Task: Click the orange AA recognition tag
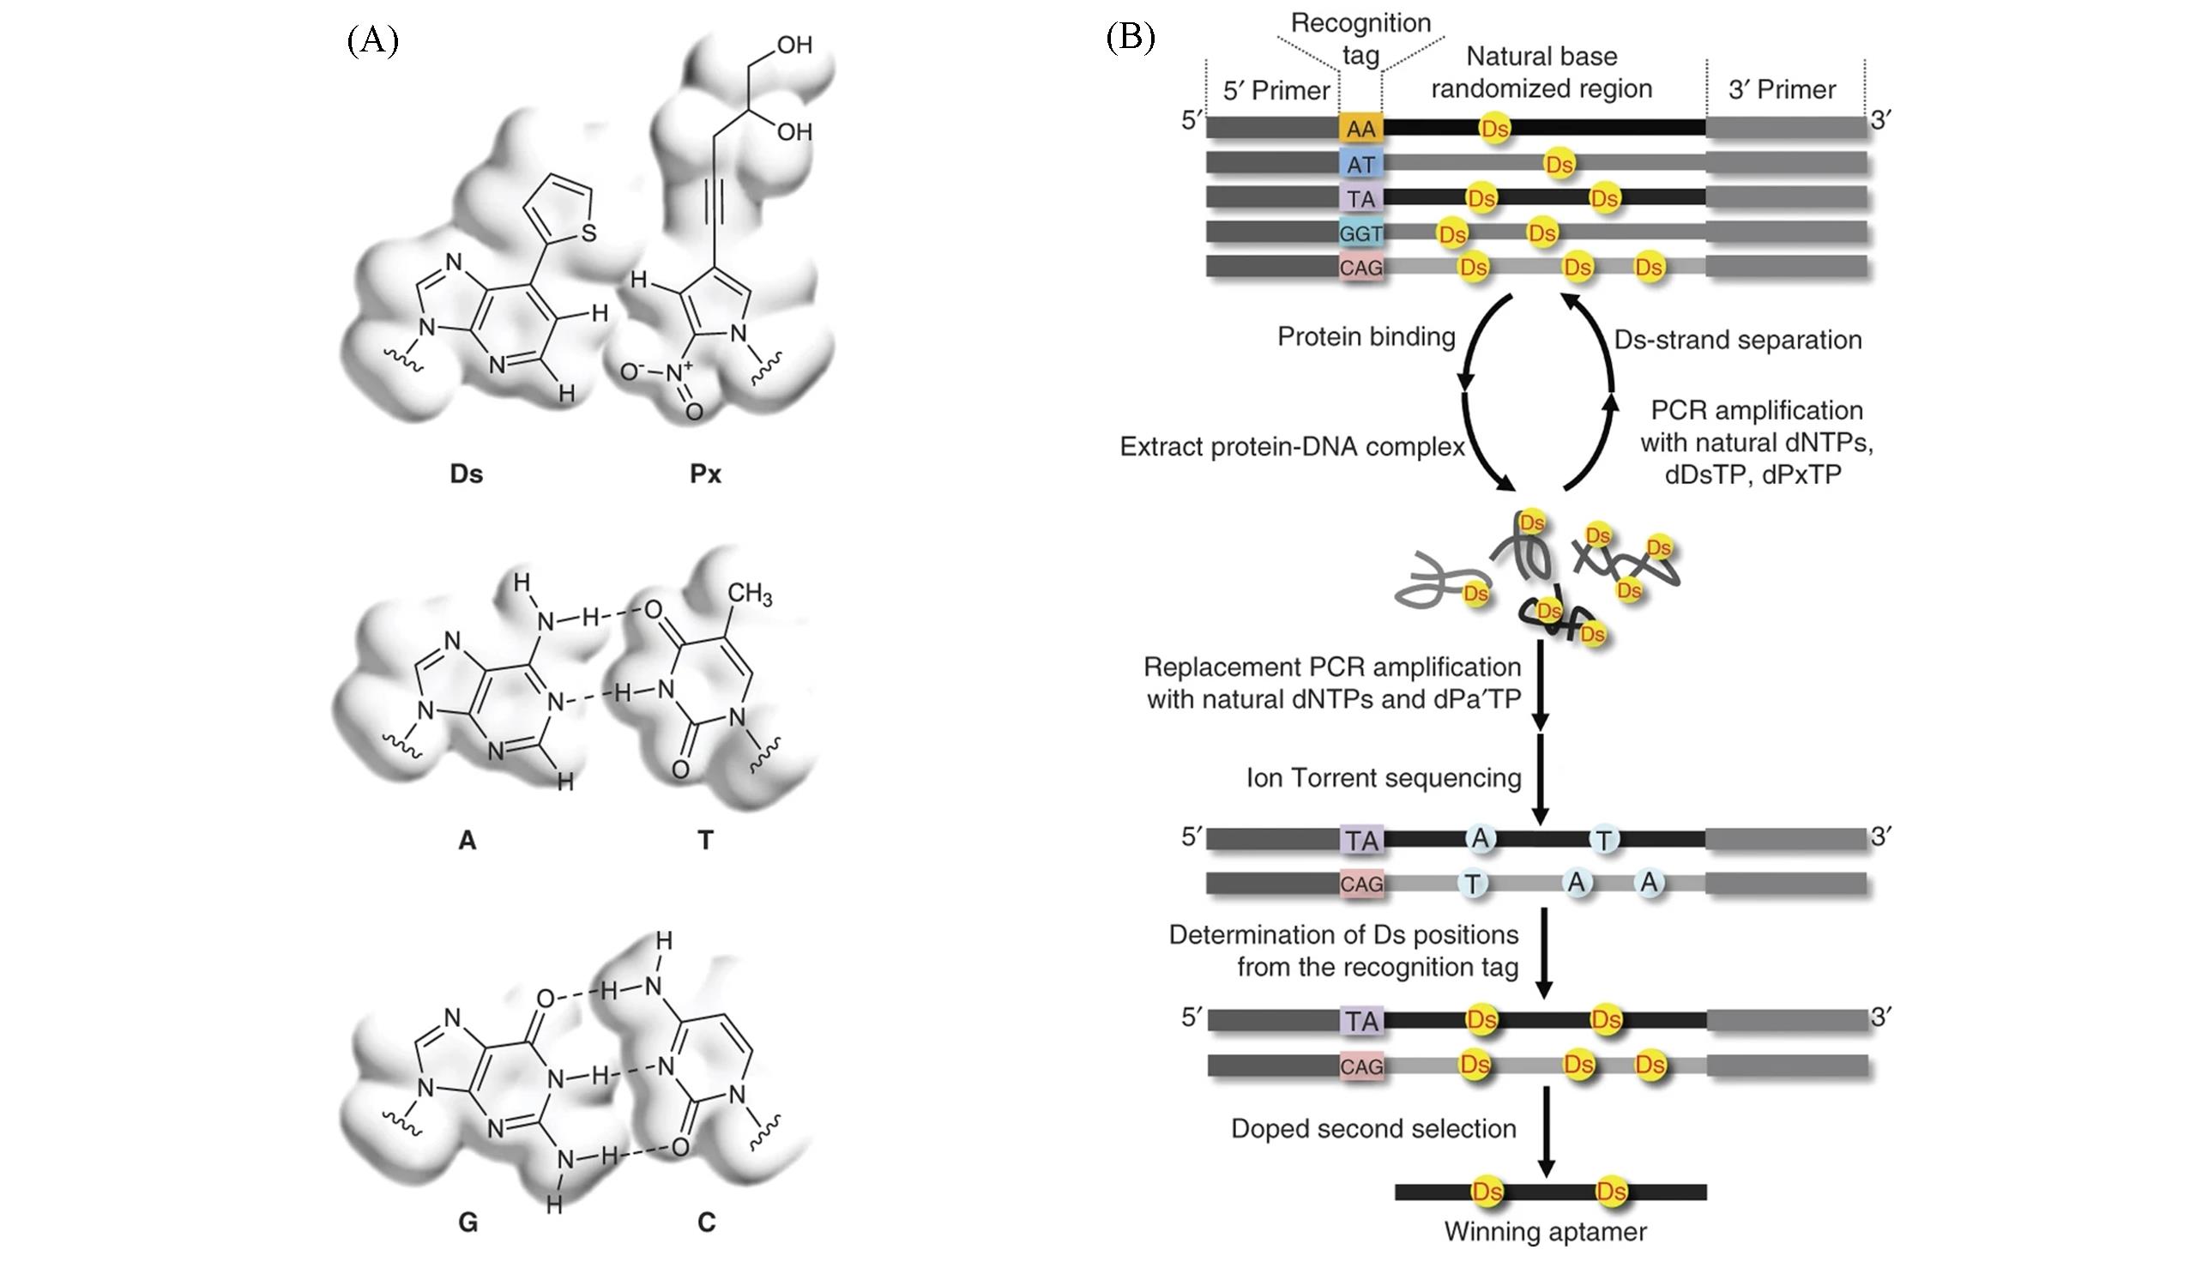(x=1360, y=130)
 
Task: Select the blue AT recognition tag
(x=1360, y=164)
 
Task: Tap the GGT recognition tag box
(x=1360, y=233)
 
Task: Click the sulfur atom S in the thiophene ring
(x=589, y=232)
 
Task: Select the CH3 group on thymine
(x=750, y=594)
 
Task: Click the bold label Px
(x=705, y=474)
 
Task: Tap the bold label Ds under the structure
(x=467, y=474)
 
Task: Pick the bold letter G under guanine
(x=468, y=1223)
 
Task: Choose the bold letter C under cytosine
(x=706, y=1223)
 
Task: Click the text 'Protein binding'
(x=1366, y=336)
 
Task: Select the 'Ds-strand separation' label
(x=1738, y=340)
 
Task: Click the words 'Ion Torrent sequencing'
(x=1383, y=777)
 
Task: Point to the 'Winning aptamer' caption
(x=1545, y=1231)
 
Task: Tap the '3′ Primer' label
(x=1782, y=89)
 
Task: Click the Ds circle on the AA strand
(x=1495, y=130)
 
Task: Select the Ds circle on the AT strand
(x=1559, y=164)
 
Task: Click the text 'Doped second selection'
(x=1373, y=1128)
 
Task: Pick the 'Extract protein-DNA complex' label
(x=1292, y=446)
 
